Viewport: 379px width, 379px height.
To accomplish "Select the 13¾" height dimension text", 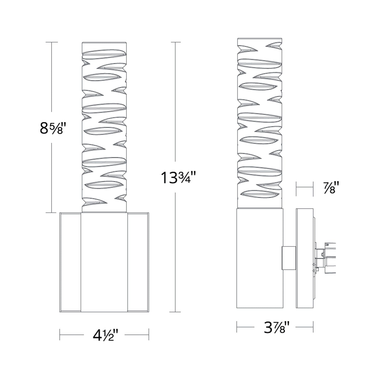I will pos(178,178).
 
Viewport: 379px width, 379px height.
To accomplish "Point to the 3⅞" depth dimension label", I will pos(276,327).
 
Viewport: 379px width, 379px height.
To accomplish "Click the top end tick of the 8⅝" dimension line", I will pos(52,42).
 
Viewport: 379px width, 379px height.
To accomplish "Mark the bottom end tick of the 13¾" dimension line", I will pos(175,312).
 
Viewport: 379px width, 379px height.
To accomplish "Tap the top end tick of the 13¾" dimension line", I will pos(175,42).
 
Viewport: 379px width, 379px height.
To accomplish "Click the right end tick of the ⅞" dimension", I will pos(313,188).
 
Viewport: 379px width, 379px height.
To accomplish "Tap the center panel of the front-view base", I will pos(104,262).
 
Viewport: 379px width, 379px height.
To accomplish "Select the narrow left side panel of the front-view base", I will pos(70,262).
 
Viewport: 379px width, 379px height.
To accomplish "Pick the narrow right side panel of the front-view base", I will pos(138,262).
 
